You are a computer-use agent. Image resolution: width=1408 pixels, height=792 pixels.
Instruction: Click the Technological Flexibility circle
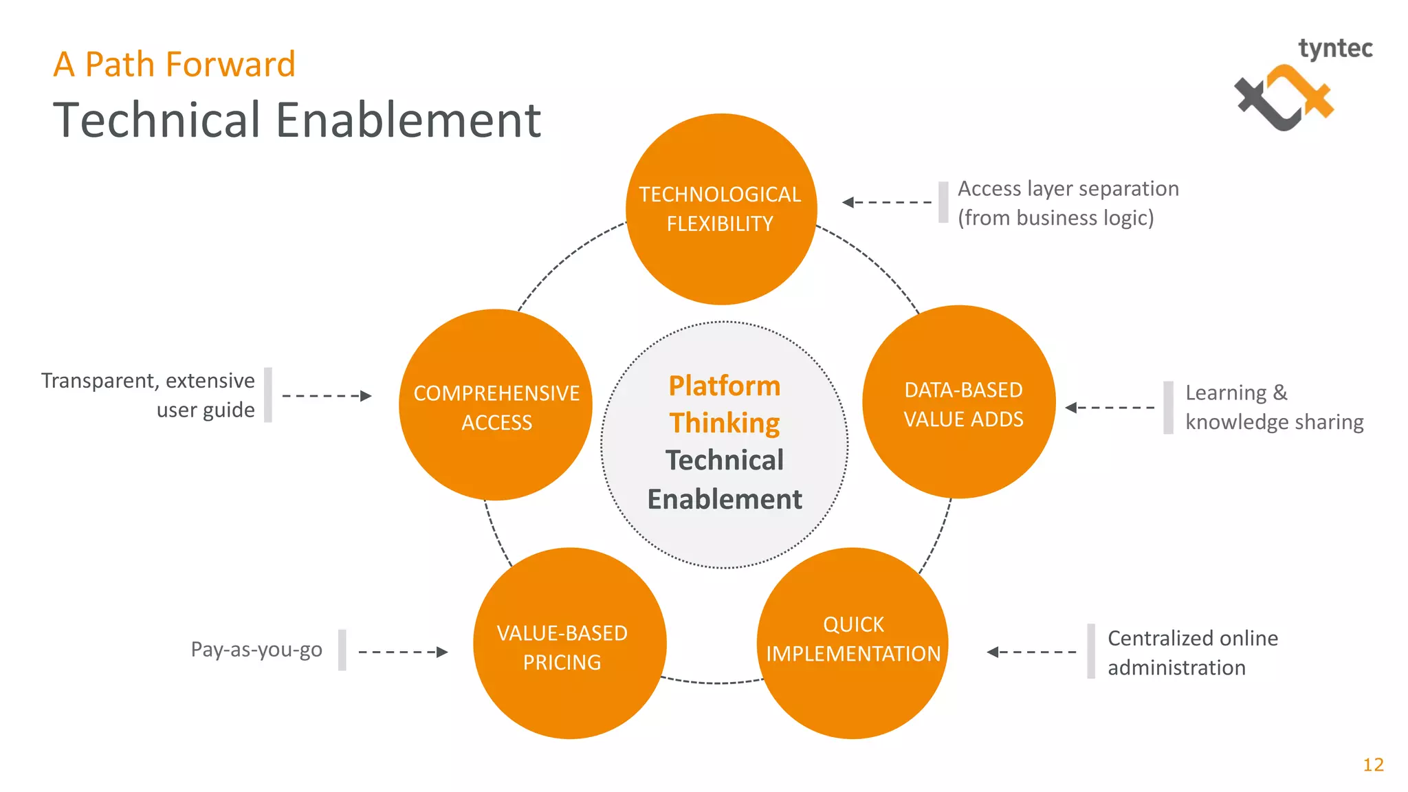tap(720, 209)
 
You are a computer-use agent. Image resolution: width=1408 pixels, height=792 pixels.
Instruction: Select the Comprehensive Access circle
tap(496, 406)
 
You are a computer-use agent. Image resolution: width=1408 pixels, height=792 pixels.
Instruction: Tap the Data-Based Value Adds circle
tap(960, 403)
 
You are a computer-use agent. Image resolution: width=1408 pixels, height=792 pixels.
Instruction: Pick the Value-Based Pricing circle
tap(569, 644)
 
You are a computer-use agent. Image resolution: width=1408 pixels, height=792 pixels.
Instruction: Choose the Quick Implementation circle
tap(852, 643)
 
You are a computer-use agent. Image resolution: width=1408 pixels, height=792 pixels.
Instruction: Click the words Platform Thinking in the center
tap(725, 404)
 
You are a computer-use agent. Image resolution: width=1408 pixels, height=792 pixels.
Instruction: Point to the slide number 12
tap(1373, 764)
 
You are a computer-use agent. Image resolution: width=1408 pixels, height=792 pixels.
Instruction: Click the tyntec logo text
tap(1335, 49)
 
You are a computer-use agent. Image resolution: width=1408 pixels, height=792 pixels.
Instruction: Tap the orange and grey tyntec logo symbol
tap(1283, 98)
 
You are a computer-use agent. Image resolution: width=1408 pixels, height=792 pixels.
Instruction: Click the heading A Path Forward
tap(175, 65)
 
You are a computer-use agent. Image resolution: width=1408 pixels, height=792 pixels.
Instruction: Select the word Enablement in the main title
tap(408, 120)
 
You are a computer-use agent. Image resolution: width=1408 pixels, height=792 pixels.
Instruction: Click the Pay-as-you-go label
tap(256, 649)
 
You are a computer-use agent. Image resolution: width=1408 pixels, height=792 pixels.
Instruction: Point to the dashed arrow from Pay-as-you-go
tap(402, 652)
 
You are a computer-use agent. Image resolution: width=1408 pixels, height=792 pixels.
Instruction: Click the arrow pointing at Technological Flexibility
tap(887, 202)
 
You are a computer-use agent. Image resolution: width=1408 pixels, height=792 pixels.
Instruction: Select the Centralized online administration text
tap(1192, 652)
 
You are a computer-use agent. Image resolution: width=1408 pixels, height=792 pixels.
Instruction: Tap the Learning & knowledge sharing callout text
tap(1273, 407)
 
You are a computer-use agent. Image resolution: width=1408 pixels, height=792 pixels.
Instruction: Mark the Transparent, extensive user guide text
tap(148, 395)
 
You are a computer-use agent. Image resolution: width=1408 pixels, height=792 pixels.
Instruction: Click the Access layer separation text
tap(1068, 203)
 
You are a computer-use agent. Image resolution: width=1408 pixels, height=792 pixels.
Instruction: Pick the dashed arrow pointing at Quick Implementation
tap(1031, 652)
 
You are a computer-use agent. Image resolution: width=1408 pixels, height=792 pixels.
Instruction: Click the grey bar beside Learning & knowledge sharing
tap(1168, 408)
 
